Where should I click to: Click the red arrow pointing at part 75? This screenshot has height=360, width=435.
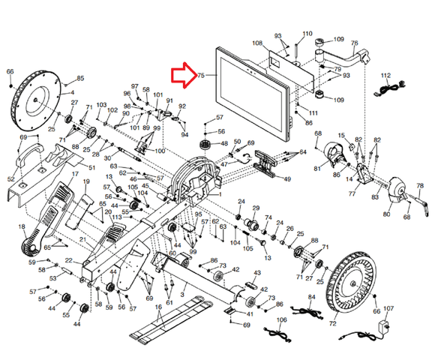pos(183,75)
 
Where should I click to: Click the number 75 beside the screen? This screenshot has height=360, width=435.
pos(201,76)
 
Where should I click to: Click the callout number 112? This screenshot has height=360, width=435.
pos(386,76)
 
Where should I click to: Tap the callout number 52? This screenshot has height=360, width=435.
pos(11,178)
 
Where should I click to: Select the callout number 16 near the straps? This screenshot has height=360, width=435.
pos(158,307)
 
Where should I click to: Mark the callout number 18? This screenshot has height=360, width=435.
pos(21,226)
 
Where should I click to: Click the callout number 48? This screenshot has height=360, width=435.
pos(223,144)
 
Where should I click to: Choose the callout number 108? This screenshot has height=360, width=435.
pos(257,44)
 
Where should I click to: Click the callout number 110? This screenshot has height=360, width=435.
pos(307,34)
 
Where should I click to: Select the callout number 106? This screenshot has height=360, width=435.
pos(282,320)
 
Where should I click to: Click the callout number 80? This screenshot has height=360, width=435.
pos(387,214)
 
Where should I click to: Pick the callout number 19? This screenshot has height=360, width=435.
pos(85,182)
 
